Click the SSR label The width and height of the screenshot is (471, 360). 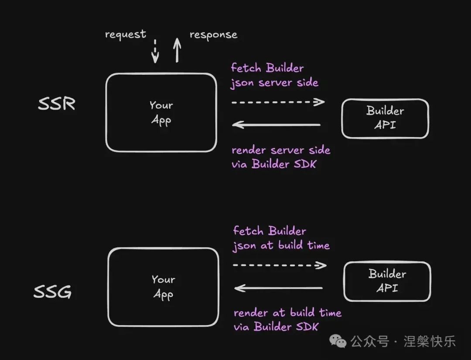(57, 104)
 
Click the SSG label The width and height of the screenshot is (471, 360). (53, 292)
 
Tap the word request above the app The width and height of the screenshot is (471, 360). (126, 34)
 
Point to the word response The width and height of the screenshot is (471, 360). (213, 35)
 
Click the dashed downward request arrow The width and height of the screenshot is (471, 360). (155, 51)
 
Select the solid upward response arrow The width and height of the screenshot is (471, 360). (177, 50)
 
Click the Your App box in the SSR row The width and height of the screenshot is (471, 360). (161, 113)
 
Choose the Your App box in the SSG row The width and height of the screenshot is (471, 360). (163, 287)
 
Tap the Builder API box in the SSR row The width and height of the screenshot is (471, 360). (385, 118)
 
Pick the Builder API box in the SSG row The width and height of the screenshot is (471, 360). (387, 281)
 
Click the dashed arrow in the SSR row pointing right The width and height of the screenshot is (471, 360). (278, 102)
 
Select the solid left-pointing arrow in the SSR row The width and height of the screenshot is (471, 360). (276, 125)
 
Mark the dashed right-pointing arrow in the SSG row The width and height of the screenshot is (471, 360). (280, 265)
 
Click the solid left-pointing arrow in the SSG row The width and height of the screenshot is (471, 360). (279, 288)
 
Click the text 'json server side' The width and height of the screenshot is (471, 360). (274, 83)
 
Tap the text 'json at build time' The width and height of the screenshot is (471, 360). (281, 246)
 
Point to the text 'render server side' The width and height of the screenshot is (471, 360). (281, 151)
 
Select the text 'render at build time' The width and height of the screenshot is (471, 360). (287, 313)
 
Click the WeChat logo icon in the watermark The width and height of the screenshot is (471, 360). (338, 341)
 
